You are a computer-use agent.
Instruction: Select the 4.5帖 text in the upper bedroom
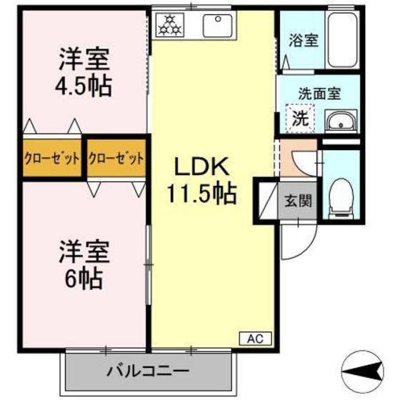click(83, 86)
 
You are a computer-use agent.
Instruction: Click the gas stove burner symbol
click(170, 25)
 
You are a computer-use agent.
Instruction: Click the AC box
click(256, 339)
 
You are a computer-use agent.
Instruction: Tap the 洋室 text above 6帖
click(84, 251)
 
